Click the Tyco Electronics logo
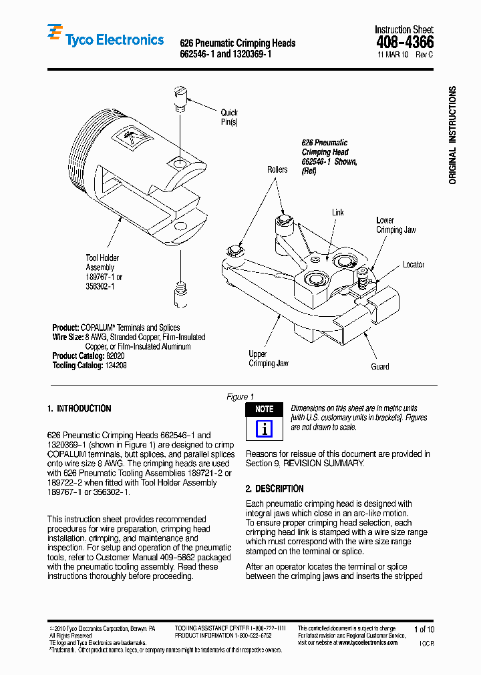tap(106, 39)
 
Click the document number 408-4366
tap(404, 42)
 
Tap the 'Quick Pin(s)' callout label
tap(228, 117)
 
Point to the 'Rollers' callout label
tap(277, 169)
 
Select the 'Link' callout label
tap(338, 212)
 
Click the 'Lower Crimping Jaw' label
tap(395, 225)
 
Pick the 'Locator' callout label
tap(413, 265)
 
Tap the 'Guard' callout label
tap(379, 366)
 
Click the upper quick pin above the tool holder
tap(178, 97)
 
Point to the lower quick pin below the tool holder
tap(179, 295)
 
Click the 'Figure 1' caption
tap(240, 396)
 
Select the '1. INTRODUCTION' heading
tap(79, 409)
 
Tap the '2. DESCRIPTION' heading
tap(275, 488)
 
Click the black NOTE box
tap(265, 409)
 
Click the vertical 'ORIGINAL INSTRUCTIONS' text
tap(452, 135)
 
